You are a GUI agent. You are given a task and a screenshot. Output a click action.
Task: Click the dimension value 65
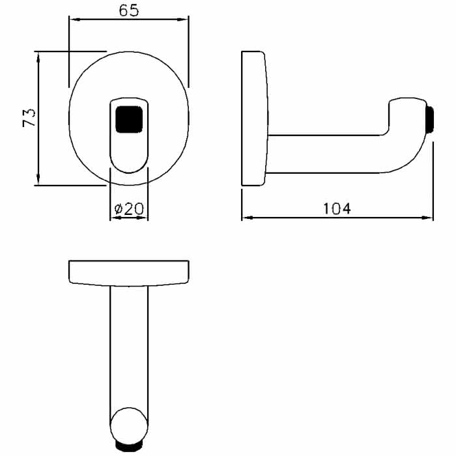coord(129,10)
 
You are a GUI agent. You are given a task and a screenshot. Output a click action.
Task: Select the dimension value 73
coord(29,118)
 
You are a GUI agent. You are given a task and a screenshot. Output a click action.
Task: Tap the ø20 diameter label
coord(129,208)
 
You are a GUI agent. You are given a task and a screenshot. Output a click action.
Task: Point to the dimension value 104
coord(337,208)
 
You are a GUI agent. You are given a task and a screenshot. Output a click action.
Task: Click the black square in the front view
coord(129,119)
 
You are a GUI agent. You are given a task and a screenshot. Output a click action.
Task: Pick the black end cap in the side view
coord(429,119)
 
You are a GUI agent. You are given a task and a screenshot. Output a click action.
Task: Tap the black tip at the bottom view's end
coord(129,448)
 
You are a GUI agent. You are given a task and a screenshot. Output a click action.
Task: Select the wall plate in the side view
coord(255,119)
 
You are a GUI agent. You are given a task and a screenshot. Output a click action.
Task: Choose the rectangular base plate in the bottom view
coord(129,273)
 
